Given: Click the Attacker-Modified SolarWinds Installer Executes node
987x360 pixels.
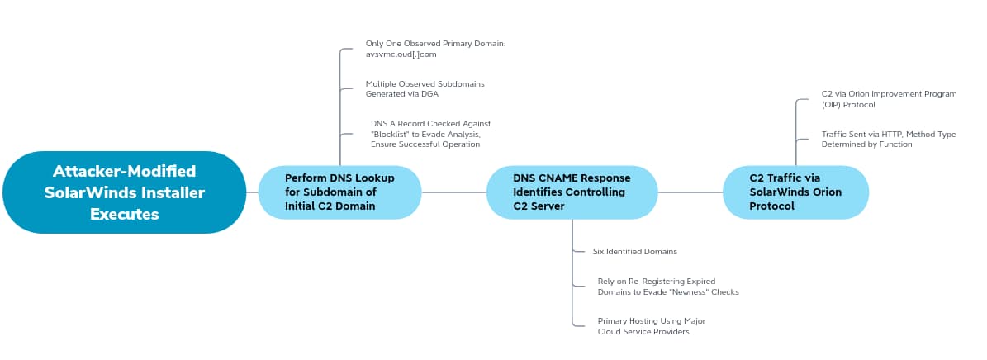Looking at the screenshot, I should point(124,192).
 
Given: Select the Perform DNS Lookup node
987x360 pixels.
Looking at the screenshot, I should point(339,192).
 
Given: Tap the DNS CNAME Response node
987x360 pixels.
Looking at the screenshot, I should point(572,192).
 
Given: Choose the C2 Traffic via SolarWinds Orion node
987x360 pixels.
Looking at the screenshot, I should point(795,192).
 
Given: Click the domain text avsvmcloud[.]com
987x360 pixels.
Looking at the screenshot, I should point(401,54).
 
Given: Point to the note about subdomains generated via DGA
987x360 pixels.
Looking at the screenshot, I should point(425,89).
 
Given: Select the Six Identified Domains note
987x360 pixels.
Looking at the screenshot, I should point(634,251).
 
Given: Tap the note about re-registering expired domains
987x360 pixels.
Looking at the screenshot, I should point(667,287).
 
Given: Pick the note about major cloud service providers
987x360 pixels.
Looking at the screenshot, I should point(651,326).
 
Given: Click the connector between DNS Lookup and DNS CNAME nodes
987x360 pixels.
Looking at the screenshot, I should point(453,192).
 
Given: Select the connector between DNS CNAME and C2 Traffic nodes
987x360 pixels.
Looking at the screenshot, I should point(690,192).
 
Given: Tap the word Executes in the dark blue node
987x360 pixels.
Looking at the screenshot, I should point(124,214).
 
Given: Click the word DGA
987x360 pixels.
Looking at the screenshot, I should point(429,94).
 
